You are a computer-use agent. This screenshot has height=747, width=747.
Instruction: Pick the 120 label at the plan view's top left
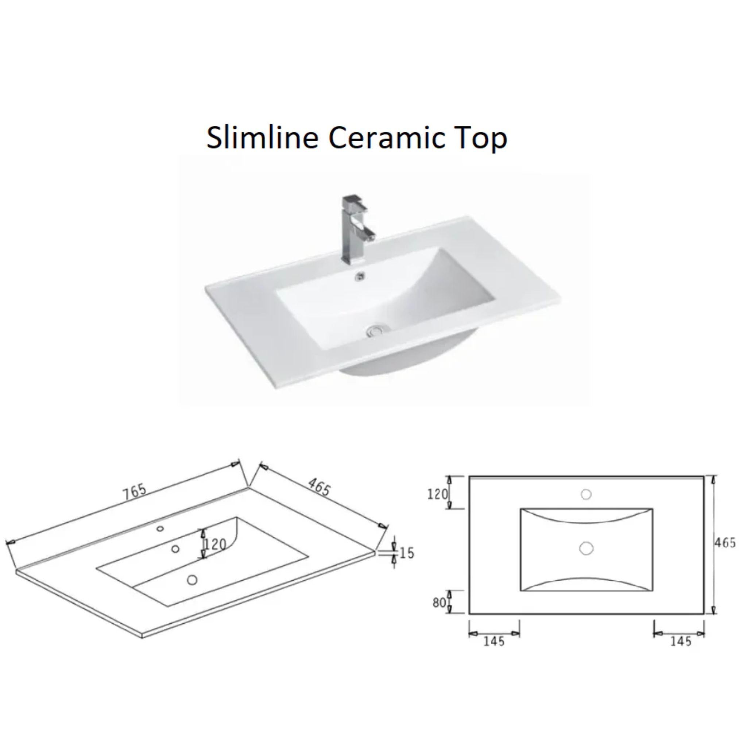coord(437,494)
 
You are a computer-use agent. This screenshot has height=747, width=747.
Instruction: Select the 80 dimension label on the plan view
coord(439,614)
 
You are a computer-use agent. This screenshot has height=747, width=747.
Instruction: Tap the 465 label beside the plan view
coord(725,543)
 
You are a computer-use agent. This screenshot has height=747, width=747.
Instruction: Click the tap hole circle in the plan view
coord(586,494)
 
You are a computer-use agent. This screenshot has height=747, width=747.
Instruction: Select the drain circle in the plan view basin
coord(587,548)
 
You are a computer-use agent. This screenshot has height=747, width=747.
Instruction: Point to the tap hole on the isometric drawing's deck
coord(160,529)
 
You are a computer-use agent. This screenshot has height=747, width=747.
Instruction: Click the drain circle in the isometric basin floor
coord(192,579)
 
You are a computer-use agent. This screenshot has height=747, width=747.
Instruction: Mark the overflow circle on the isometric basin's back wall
coord(175,549)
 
